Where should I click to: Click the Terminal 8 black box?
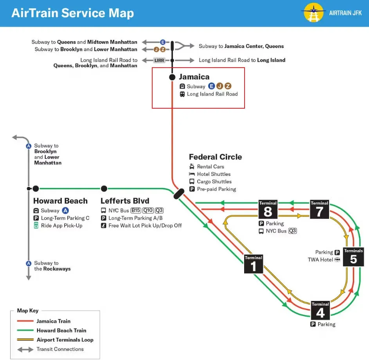(x=268, y=209)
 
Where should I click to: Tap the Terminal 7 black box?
(x=319, y=209)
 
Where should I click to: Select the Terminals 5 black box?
(x=353, y=257)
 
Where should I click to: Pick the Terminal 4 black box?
(x=320, y=310)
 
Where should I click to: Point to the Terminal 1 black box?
(x=254, y=264)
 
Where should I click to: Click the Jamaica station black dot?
(x=172, y=77)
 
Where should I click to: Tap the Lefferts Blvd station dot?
(x=104, y=188)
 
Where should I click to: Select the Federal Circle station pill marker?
(x=179, y=194)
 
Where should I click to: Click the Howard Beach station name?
(x=61, y=201)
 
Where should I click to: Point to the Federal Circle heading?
(x=215, y=157)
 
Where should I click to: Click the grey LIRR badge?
(x=159, y=61)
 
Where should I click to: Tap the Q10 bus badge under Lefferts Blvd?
(x=148, y=210)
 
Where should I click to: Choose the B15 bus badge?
(x=136, y=210)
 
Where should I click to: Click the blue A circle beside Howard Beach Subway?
(x=65, y=210)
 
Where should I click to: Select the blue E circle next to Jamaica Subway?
(x=212, y=86)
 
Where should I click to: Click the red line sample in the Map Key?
(x=25, y=321)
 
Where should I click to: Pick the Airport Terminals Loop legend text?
(x=65, y=340)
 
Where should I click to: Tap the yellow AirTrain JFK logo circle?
(x=313, y=13)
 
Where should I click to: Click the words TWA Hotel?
(x=320, y=260)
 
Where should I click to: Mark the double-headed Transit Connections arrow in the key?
(x=25, y=350)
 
